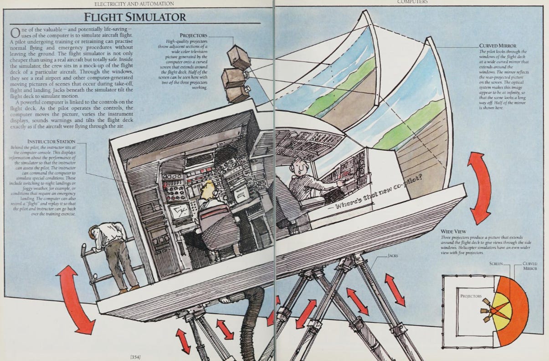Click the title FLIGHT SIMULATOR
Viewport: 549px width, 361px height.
click(134, 17)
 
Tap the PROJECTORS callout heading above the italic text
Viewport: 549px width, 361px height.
click(193, 35)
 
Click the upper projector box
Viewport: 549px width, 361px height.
click(239, 58)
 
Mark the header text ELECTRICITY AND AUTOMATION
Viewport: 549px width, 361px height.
click(133, 4)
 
